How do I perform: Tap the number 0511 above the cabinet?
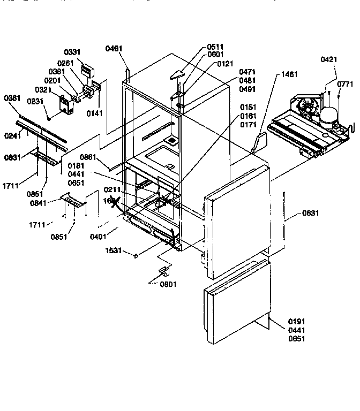(215, 47)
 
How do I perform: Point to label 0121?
(226, 64)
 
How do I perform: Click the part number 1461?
(289, 74)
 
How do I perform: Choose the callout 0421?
(329, 59)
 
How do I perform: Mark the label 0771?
(346, 84)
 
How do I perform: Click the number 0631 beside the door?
(310, 213)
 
